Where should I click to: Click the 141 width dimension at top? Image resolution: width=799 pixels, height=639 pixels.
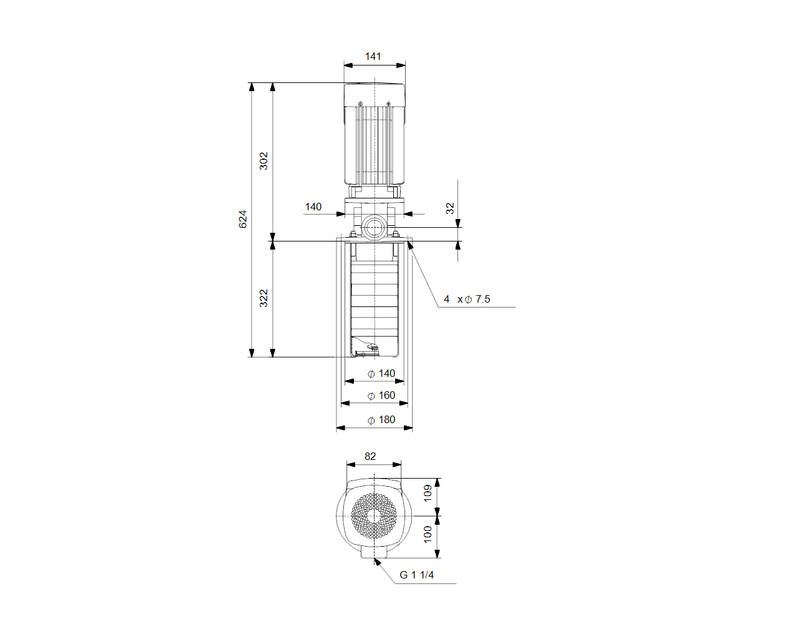click(373, 56)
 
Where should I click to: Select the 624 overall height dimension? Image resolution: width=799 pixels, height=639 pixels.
click(242, 219)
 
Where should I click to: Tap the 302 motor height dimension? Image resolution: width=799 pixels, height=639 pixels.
click(263, 161)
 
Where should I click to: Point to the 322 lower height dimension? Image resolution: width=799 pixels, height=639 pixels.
click(263, 298)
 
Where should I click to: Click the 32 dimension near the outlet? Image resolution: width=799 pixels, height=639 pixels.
click(449, 208)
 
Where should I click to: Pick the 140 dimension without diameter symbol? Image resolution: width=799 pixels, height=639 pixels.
click(313, 207)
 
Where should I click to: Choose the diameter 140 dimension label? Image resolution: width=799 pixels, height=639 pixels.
click(381, 374)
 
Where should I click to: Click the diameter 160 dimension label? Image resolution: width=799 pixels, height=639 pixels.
click(381, 396)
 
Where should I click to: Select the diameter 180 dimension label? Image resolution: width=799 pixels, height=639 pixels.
click(381, 420)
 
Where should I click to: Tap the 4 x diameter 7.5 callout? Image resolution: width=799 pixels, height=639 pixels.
click(467, 300)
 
